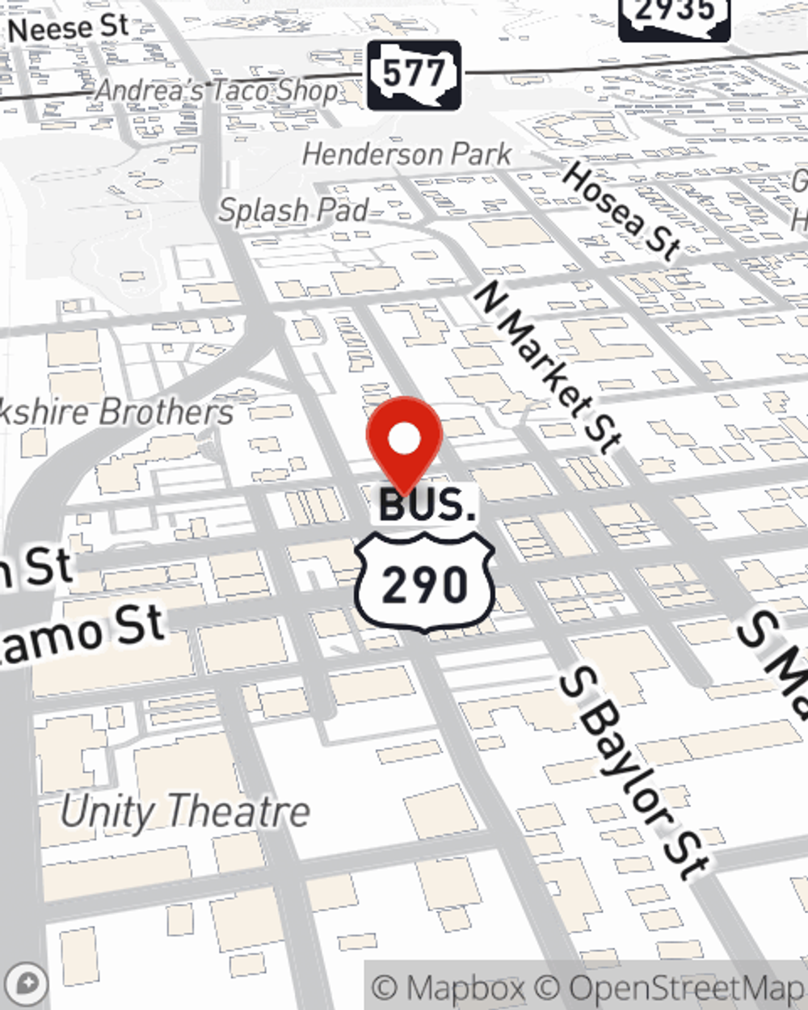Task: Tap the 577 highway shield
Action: (414, 75)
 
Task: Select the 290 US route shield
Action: (424, 583)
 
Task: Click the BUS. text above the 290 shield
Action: (427, 506)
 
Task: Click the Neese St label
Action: (68, 28)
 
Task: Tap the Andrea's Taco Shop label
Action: (217, 90)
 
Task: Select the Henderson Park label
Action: (407, 154)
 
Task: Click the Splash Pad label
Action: (294, 211)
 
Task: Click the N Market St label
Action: (547, 367)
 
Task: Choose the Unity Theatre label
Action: (185, 811)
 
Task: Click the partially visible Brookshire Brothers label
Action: (117, 412)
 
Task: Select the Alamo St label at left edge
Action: (81, 634)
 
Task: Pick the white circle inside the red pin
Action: (404, 440)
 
